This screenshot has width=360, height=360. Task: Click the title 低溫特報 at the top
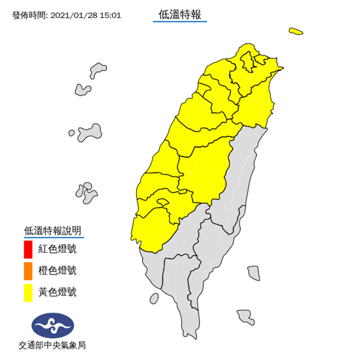[x=180, y=15]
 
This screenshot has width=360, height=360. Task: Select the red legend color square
[x=29, y=250]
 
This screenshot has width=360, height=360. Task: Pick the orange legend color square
[x=29, y=271]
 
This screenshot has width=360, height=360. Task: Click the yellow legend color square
[x=29, y=291]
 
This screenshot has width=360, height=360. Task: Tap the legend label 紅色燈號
[x=57, y=250]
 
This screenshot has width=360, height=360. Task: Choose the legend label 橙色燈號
[x=57, y=271]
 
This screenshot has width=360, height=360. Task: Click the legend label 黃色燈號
[x=57, y=291]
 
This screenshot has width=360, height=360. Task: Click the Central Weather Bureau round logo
[x=52, y=325]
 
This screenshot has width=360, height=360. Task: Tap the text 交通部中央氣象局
[x=52, y=345]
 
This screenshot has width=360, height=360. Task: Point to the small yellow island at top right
[x=296, y=32]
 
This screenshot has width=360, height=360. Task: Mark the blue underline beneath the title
[x=180, y=22]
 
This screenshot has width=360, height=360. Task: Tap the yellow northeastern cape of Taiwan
[x=280, y=68]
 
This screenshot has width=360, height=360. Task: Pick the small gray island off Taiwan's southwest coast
[x=154, y=298]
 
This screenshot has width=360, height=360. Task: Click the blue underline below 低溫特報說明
[x=53, y=238]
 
